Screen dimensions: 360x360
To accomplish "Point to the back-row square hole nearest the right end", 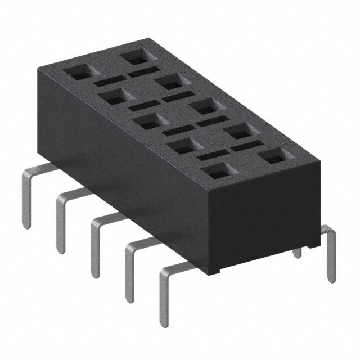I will tap(274, 156).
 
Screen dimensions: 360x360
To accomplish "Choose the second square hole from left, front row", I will tap(114, 96).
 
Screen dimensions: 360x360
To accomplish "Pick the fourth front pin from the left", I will tap(128, 270).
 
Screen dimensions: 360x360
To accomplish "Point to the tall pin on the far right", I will tap(330, 253).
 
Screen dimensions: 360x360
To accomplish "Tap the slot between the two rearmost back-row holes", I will tap(142, 72).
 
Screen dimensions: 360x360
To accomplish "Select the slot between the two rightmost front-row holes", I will tap(211, 154).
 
